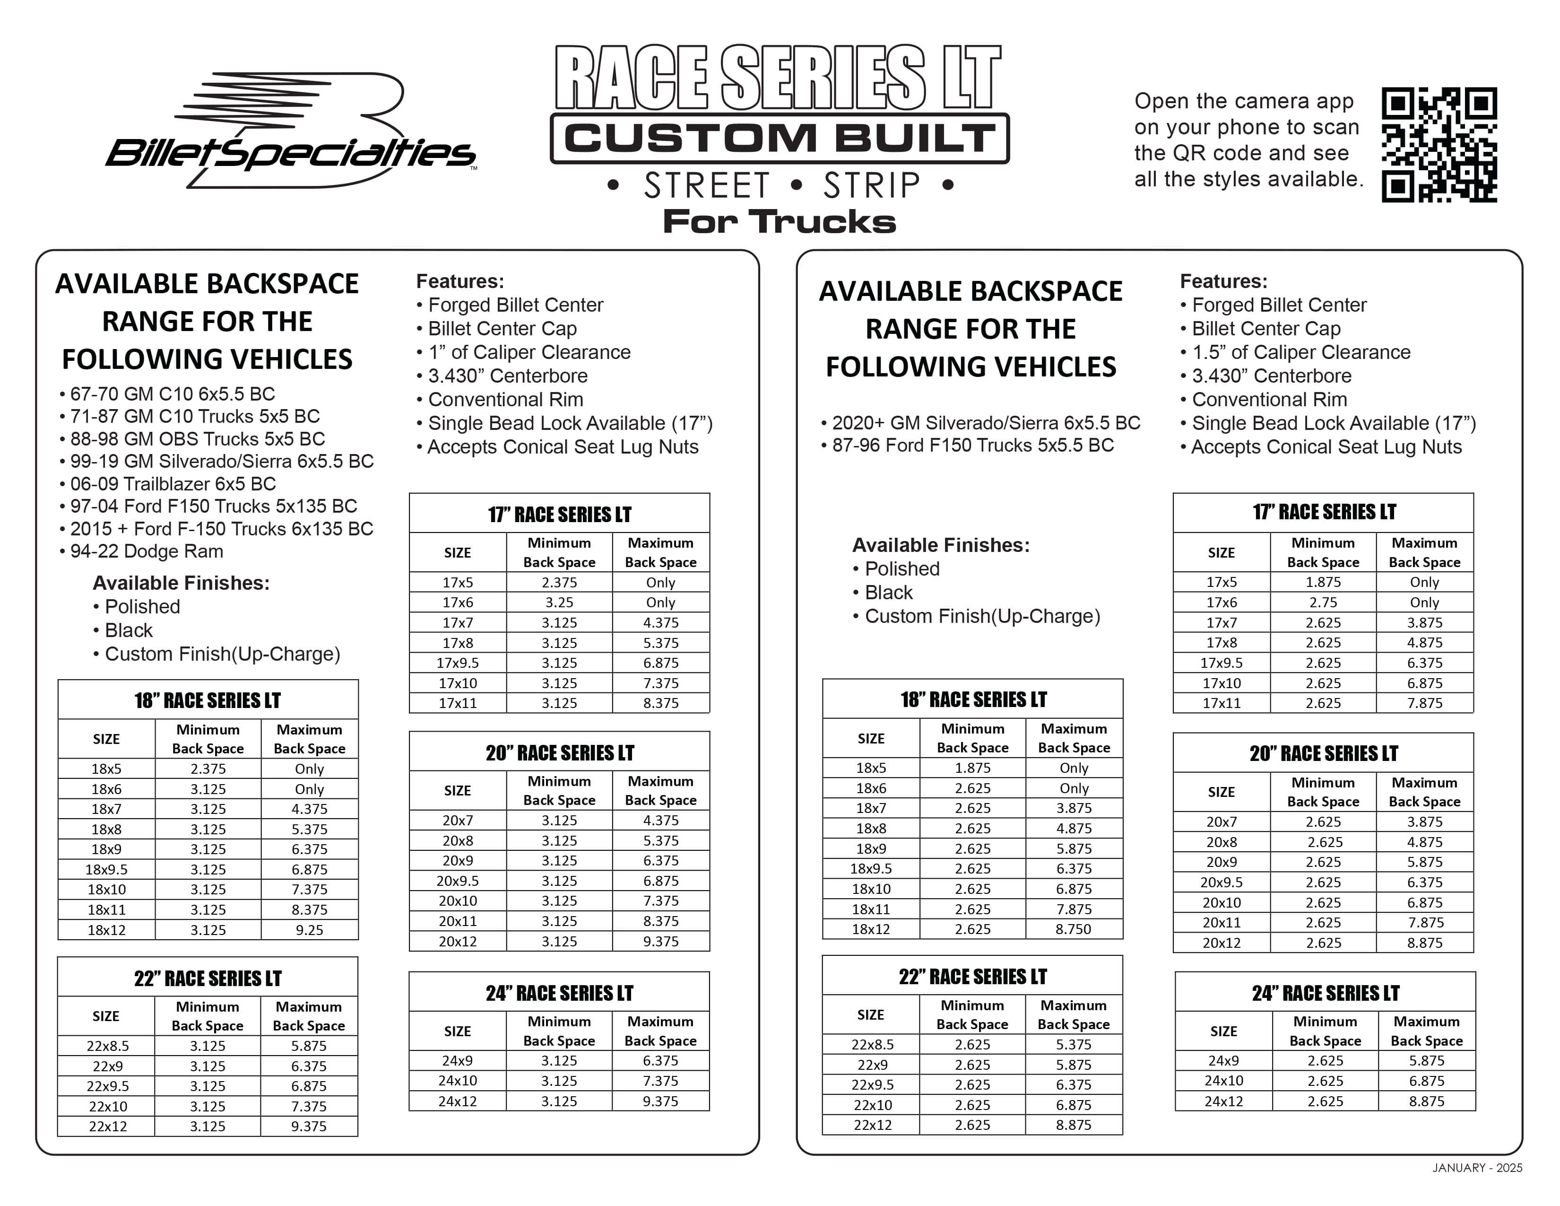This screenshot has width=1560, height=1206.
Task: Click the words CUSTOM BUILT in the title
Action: tap(779, 138)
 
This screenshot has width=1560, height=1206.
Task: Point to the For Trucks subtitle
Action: tap(779, 221)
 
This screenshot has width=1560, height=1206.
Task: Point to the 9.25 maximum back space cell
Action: tap(309, 929)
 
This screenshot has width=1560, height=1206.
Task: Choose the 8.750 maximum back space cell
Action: tap(1074, 929)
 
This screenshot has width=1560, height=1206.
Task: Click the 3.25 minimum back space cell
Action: tap(559, 602)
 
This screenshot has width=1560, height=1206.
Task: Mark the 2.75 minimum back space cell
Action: tap(1323, 602)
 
